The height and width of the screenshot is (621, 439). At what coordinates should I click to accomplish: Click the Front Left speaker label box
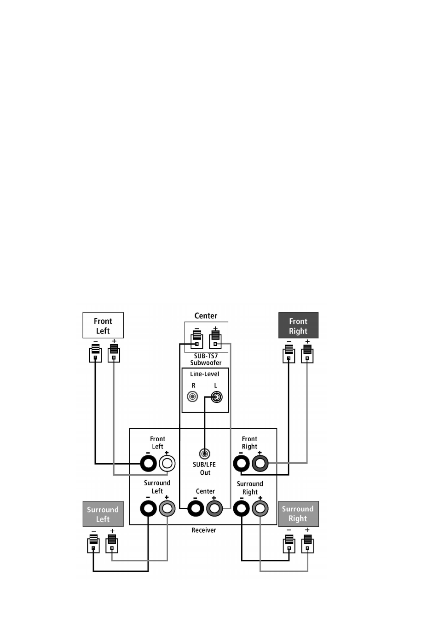pyautogui.click(x=103, y=325)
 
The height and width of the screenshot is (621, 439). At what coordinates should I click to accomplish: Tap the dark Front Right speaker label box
pyautogui.click(x=298, y=325)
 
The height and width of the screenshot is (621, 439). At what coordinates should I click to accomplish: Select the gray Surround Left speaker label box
pyautogui.click(x=103, y=514)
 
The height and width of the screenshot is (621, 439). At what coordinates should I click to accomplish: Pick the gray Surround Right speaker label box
pyautogui.click(x=298, y=514)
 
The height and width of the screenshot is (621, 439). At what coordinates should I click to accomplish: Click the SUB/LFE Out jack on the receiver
pyautogui.click(x=205, y=454)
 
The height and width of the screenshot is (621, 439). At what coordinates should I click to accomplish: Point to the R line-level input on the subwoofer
pyautogui.click(x=192, y=397)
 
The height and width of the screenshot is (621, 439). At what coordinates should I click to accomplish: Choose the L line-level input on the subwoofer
pyautogui.click(x=217, y=397)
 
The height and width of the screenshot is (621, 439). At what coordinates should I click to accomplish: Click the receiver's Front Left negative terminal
pyautogui.click(x=148, y=464)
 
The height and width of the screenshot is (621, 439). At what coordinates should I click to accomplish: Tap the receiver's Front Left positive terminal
pyautogui.click(x=167, y=464)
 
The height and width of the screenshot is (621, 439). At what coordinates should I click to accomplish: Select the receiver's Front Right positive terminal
pyautogui.click(x=260, y=463)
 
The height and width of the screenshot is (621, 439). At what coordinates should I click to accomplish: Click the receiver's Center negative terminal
pyautogui.click(x=196, y=508)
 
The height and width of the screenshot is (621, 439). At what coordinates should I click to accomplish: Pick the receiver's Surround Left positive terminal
pyautogui.click(x=167, y=508)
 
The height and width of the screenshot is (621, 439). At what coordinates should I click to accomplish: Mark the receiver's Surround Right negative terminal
pyautogui.click(x=242, y=508)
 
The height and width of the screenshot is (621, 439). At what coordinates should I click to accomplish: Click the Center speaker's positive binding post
pyautogui.click(x=215, y=339)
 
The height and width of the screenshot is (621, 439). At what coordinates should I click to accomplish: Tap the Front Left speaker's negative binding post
pyautogui.click(x=95, y=353)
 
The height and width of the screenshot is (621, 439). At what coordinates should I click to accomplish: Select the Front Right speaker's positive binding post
pyautogui.click(x=307, y=354)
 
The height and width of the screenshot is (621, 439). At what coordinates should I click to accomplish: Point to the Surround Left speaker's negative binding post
pyautogui.click(x=93, y=544)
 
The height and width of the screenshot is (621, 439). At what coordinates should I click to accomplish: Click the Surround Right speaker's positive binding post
pyautogui.click(x=307, y=544)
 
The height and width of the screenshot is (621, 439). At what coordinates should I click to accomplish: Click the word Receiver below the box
pyautogui.click(x=204, y=530)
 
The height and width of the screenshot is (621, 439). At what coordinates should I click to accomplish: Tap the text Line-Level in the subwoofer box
pyautogui.click(x=205, y=374)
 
